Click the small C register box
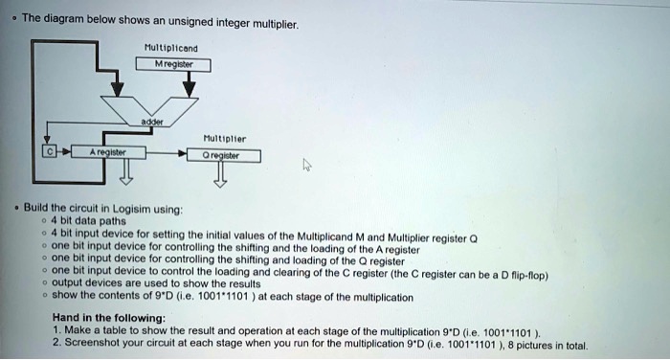[44, 152]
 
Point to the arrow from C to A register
[64, 152]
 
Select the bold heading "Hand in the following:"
[108, 317]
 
